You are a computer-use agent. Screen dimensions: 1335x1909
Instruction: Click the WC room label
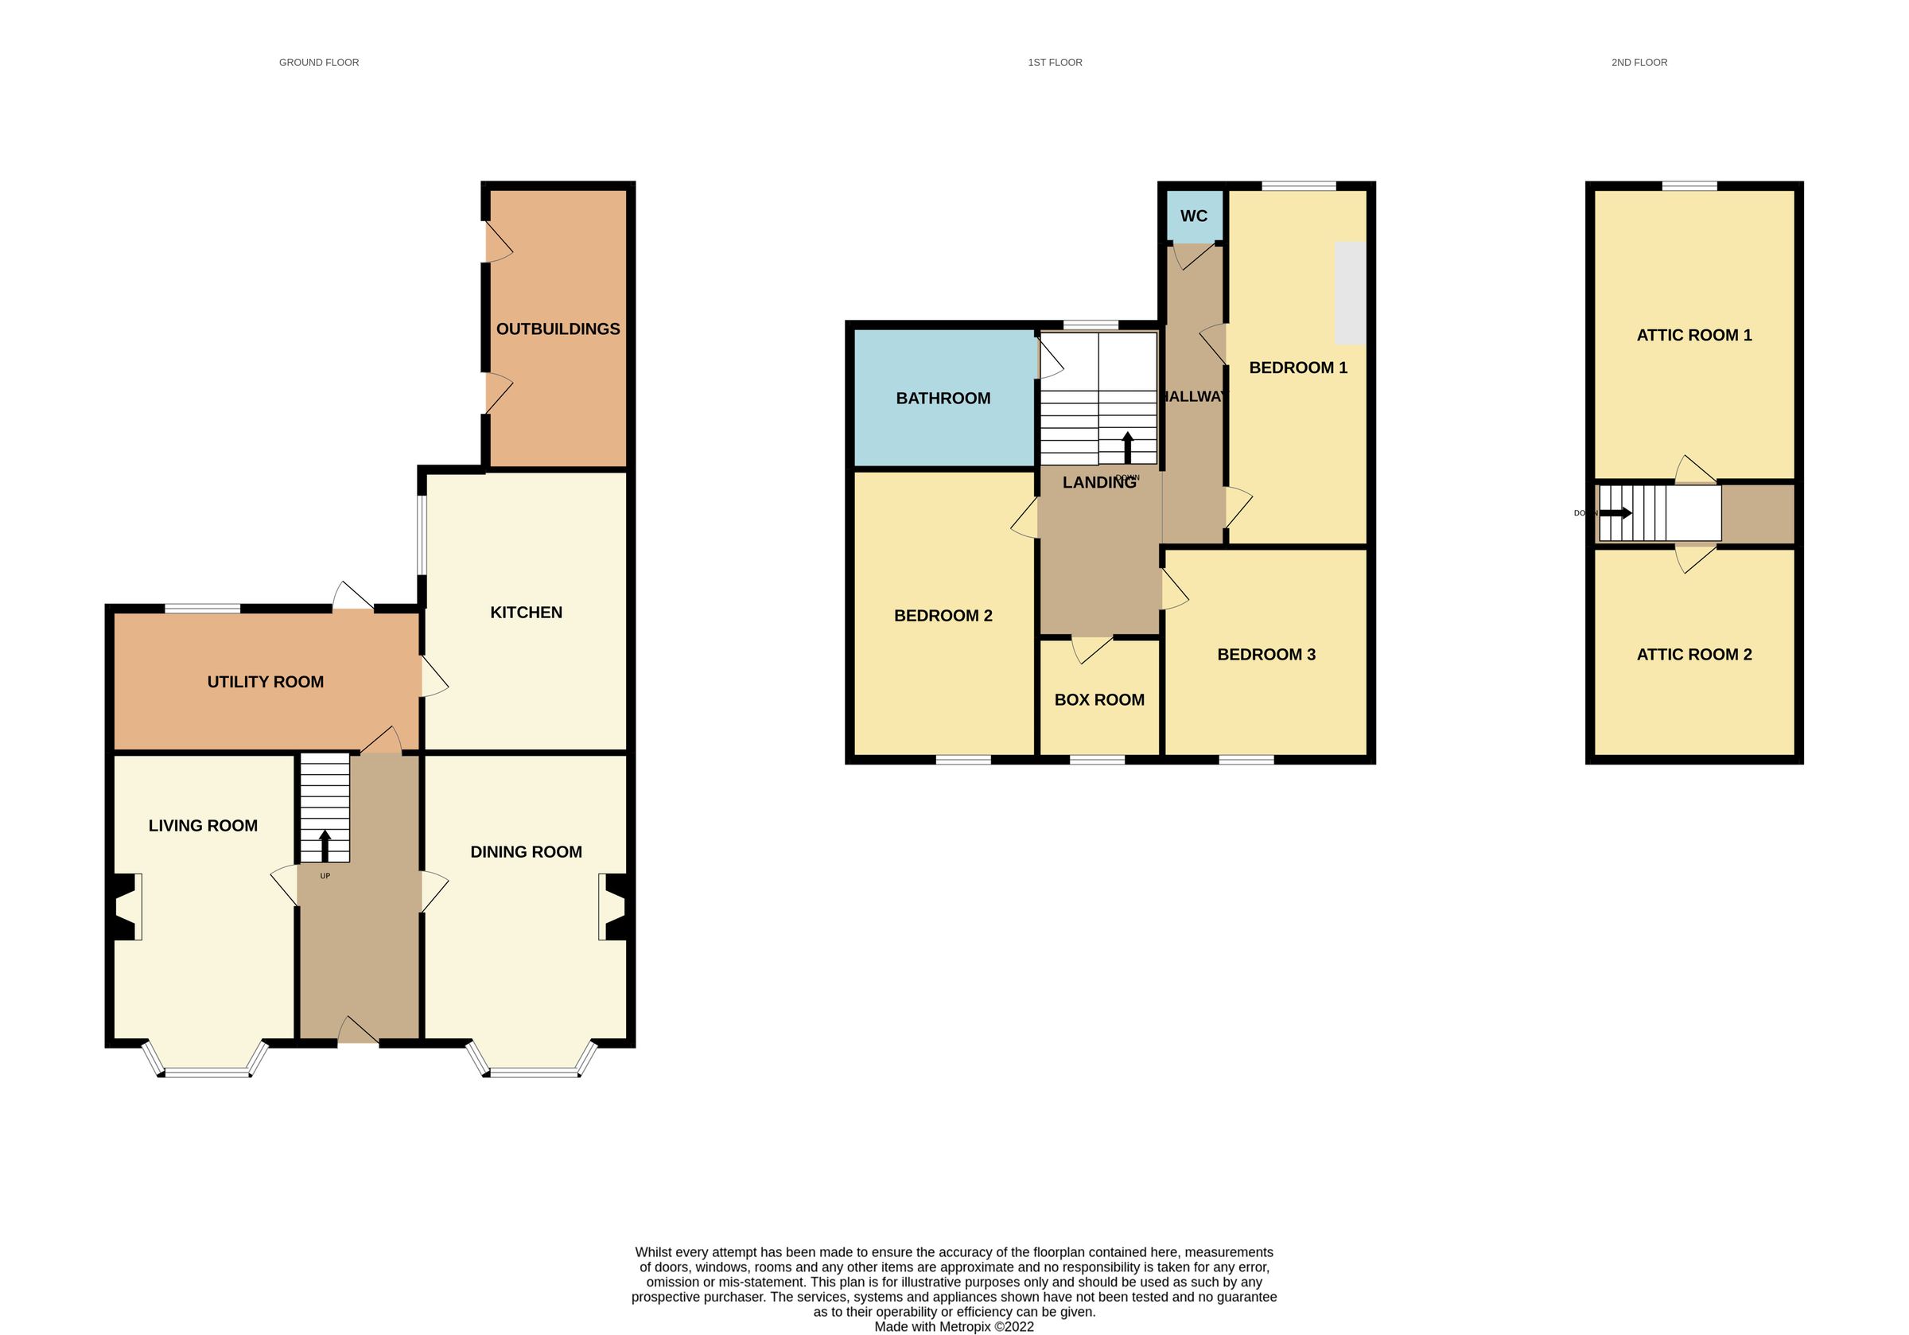1193,216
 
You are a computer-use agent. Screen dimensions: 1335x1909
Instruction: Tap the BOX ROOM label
1099,699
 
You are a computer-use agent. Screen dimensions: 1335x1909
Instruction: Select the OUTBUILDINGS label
558,329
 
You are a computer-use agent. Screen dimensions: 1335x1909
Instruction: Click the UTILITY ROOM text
265,682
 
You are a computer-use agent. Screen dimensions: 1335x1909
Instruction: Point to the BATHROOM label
943,399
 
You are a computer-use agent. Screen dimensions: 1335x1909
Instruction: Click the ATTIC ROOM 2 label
1693,655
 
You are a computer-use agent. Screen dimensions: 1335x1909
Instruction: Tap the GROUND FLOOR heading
318,62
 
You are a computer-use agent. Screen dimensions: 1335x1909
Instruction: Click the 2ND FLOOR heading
1639,62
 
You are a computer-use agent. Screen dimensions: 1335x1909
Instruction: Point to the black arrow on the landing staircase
1127,446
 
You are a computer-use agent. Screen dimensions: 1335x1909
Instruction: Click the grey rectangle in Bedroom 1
1351,293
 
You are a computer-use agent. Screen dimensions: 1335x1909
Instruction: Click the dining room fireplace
612,907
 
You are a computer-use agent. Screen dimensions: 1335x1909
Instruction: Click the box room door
1091,648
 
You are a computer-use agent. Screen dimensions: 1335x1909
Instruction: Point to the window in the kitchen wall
422,535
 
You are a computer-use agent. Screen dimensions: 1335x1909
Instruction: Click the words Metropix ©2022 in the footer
987,1327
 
